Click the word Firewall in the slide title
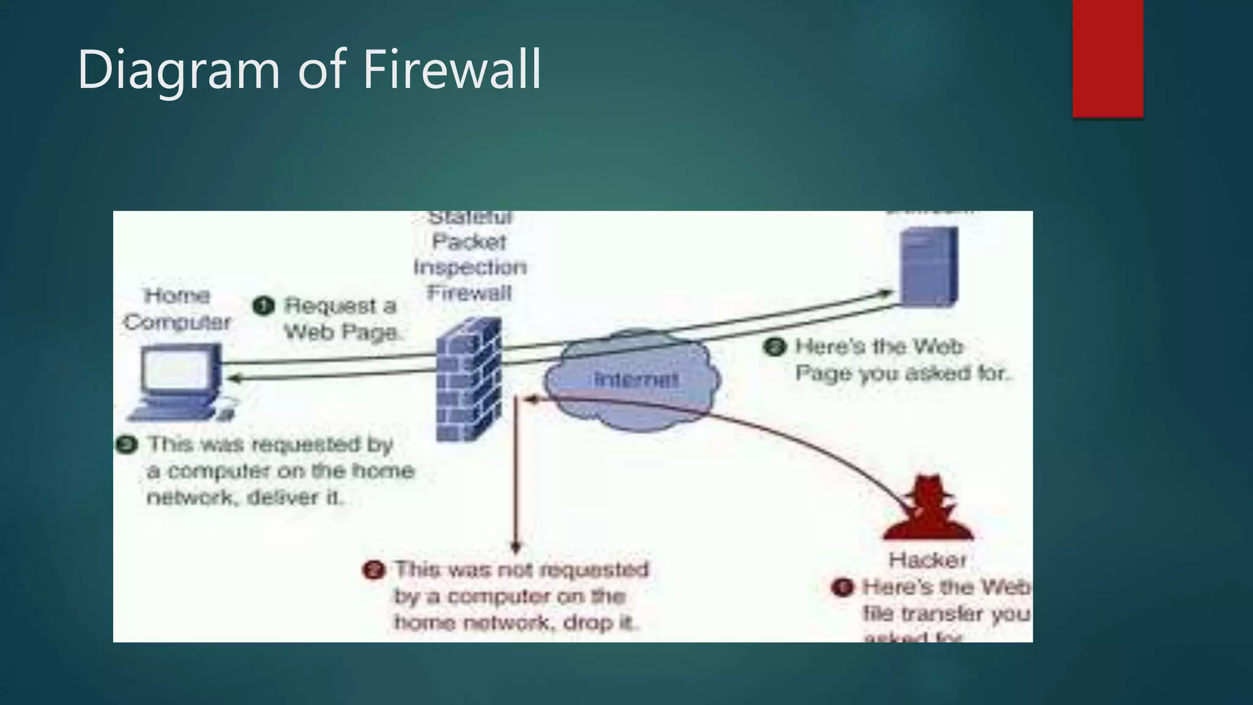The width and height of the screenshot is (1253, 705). point(452,69)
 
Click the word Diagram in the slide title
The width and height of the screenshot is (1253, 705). point(178,70)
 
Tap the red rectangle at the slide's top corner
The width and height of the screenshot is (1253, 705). point(1107,58)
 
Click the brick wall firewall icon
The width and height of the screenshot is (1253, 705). point(469,379)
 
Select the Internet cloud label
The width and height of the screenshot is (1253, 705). point(636,379)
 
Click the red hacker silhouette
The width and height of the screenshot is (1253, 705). point(928,509)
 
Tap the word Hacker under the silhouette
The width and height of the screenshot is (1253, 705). point(928,559)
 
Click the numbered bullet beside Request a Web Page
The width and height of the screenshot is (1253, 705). point(263,305)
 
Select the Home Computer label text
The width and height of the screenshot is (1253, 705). point(177,309)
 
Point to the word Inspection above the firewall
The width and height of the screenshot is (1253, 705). point(469,267)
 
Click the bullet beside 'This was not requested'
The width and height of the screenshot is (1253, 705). point(374,570)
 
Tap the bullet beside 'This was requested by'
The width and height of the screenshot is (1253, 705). point(127,444)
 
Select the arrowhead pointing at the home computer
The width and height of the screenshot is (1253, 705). point(233,378)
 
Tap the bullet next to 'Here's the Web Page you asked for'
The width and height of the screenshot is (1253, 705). point(775,347)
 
